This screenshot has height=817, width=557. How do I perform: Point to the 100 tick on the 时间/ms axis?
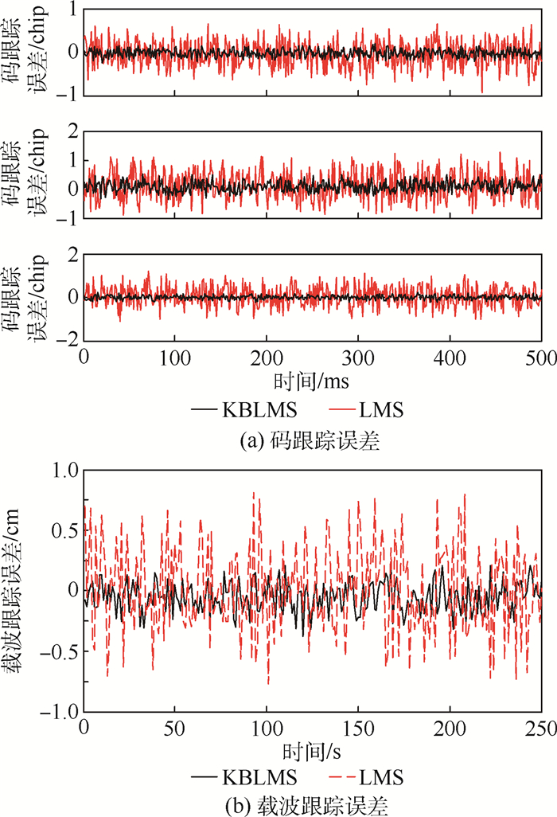[x=175, y=356]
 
